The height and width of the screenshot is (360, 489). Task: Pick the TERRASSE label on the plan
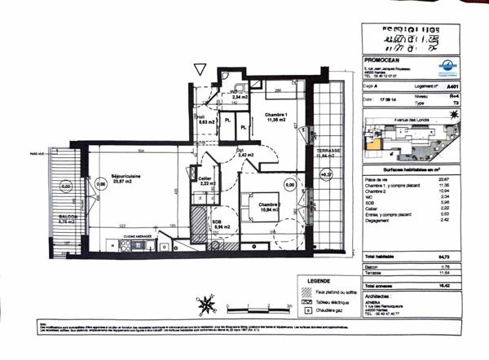[330, 152]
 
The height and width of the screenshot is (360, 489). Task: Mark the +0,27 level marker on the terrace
[328, 173]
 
